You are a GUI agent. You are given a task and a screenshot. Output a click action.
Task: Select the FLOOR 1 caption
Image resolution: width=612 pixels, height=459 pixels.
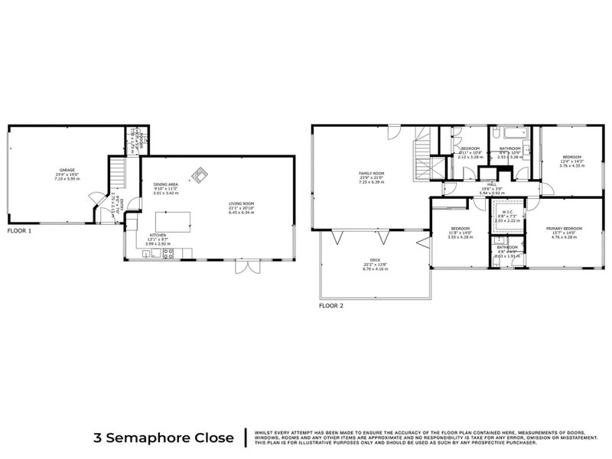pos(20,229)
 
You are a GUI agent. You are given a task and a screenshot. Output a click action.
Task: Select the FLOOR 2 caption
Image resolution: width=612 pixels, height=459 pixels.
pos(331,305)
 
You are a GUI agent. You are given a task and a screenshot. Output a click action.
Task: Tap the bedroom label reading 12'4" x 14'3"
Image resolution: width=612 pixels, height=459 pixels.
pos(571,161)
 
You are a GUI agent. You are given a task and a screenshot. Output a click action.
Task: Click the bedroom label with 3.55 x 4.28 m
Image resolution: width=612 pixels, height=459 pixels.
pos(460,233)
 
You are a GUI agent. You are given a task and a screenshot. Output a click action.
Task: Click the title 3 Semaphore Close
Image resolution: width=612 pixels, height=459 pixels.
pos(163,438)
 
